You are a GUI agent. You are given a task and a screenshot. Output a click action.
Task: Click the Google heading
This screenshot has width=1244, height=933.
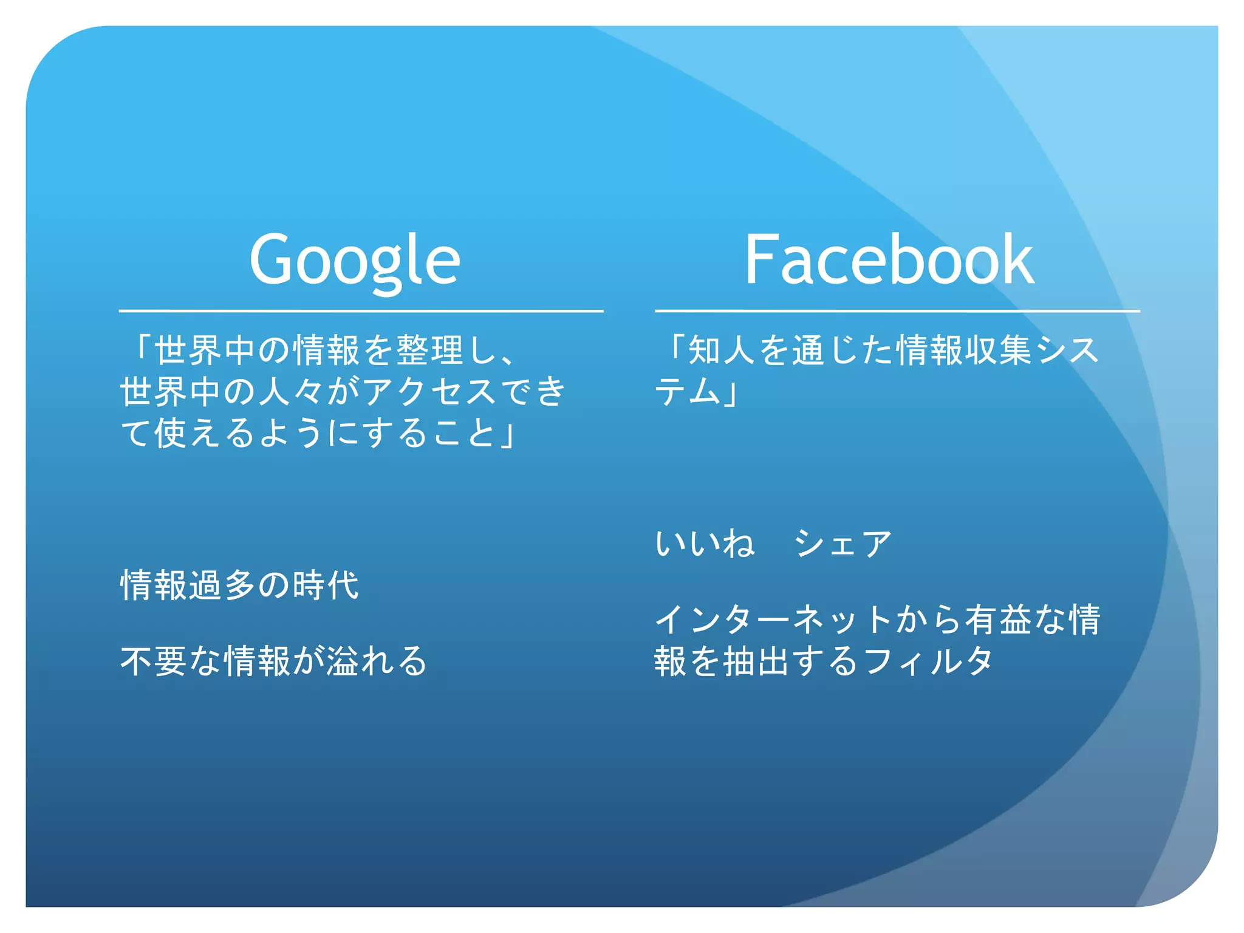pos(355,260)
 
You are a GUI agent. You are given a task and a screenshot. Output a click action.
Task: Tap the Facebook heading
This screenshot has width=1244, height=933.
pos(889,260)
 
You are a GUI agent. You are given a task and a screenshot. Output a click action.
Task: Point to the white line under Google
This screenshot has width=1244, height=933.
pos(361,311)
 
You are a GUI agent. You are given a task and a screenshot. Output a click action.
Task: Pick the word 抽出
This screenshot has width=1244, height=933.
pos(757,661)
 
